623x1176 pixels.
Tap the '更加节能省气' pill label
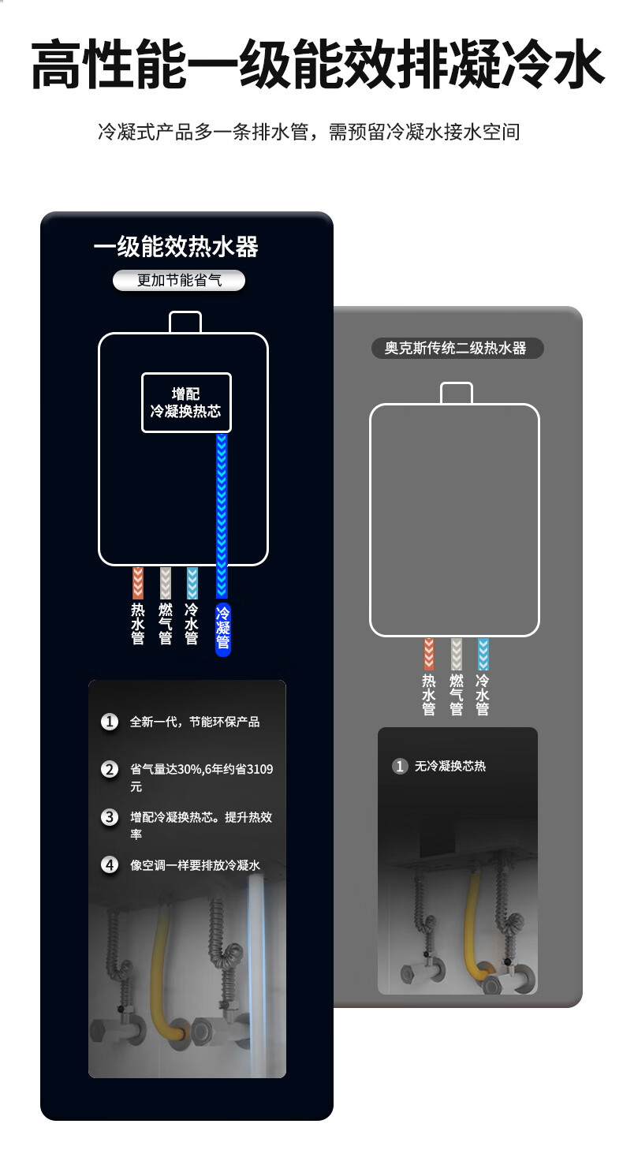[x=179, y=280]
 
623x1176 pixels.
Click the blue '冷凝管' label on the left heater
[x=223, y=628]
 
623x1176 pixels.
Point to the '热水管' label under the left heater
[x=137, y=624]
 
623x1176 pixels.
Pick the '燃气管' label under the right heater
[x=457, y=695]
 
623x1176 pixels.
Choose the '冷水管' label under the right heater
[x=483, y=695]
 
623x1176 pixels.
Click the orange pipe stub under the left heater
[x=137, y=583]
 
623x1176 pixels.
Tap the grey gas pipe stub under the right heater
[x=457, y=654]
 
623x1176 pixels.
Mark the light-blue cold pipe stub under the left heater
[x=192, y=583]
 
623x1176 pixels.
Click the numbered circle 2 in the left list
[x=109, y=770]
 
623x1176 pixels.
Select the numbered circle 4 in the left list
[x=109, y=864]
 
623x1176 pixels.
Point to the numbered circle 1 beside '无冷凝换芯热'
[x=400, y=767]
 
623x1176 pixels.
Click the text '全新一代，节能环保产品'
[x=195, y=722]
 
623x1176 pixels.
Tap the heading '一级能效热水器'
[x=176, y=247]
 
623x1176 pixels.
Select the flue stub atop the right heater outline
[x=456, y=394]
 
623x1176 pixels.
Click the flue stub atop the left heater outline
[x=185, y=323]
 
